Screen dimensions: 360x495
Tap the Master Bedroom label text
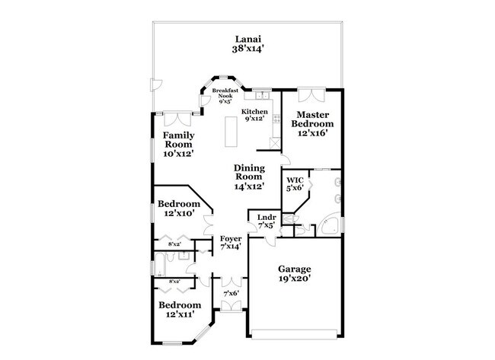pos(313,124)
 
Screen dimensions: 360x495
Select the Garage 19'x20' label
pos(294,273)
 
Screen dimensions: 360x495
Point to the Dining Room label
pos(249,177)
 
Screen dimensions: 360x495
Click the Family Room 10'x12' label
pos(178,144)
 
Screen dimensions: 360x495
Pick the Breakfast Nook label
pos(225,96)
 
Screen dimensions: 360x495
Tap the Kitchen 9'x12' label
pos(254,116)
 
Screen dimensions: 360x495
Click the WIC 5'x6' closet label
pos(295,184)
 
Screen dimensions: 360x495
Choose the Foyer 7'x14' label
pos(230,242)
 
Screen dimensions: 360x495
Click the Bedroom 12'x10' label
pos(178,209)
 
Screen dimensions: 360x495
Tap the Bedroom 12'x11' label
pos(178,309)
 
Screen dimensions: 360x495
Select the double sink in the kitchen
pos(262,95)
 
